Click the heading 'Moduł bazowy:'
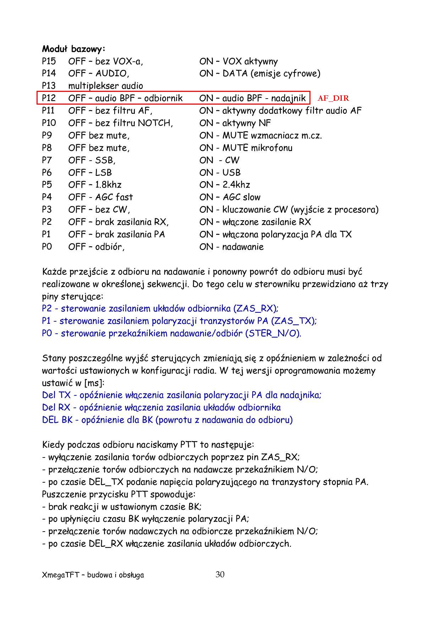tap(73, 49)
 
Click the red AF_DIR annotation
tap(333, 98)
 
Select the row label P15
tap(49, 61)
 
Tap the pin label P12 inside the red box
tap(49, 98)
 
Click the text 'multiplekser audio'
tap(105, 86)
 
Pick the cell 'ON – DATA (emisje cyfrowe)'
tap(259, 73)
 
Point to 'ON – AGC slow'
tap(230, 197)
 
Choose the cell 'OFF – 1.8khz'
tap(95, 185)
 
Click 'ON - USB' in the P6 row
tap(220, 172)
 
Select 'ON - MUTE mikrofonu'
tap(246, 148)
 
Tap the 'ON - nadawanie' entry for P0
tap(231, 247)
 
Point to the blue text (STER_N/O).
tap(273, 333)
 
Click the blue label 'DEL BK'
tap(57, 420)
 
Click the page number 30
tap(220, 574)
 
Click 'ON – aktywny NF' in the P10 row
tap(235, 123)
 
